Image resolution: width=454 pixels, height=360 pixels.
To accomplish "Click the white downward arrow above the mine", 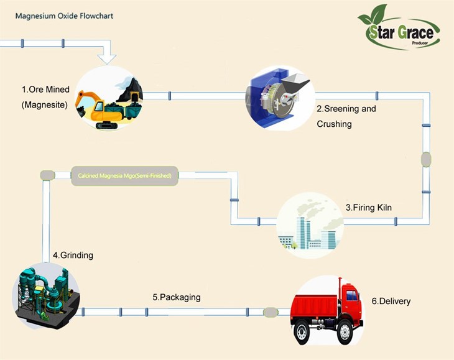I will [107, 57].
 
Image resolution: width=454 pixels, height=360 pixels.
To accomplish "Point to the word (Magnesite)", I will [44, 104].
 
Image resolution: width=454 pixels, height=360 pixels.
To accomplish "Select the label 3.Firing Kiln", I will [369, 207].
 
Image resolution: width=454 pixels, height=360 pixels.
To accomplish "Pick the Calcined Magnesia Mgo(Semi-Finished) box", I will [125, 175].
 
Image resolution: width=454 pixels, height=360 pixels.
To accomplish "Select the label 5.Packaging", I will [177, 297].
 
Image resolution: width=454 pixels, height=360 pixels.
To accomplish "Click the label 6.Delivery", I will [391, 301].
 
